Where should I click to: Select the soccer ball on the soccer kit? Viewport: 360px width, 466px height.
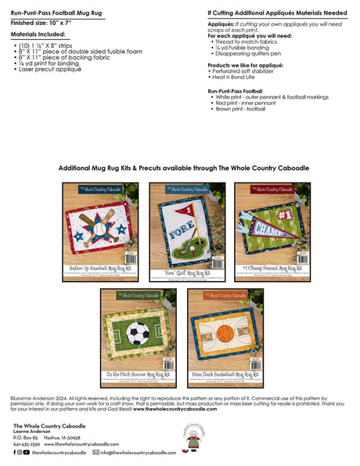click(x=138, y=334)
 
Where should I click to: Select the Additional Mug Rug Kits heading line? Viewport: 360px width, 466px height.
click(x=179, y=168)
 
